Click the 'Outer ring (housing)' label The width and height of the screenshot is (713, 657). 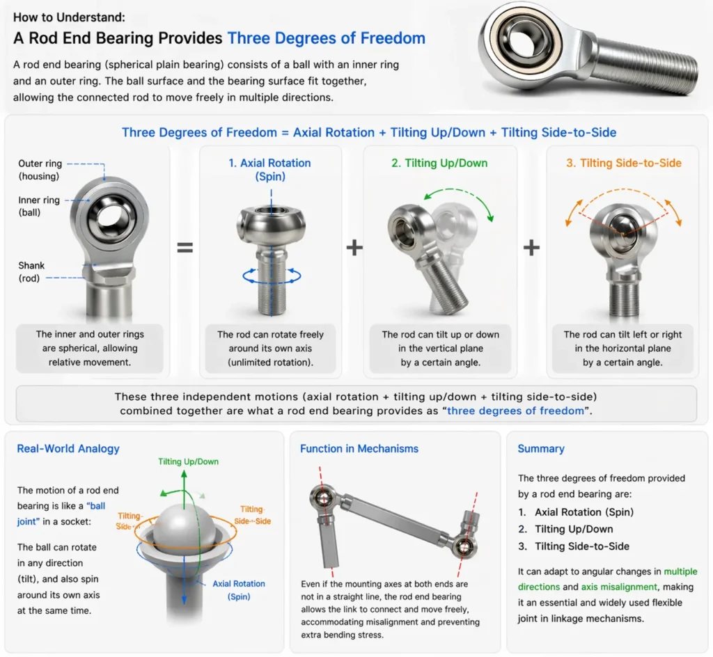pos(40,170)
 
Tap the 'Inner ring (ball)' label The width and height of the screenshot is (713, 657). pos(39,206)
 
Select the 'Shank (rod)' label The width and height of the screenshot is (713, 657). pos(32,271)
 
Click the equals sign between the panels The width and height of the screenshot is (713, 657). pos(185,246)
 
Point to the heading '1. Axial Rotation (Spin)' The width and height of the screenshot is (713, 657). pos(269,169)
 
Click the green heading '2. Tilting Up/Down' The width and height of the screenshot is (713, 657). pos(439,163)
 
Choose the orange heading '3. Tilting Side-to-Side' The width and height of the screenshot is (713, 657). pos(623,163)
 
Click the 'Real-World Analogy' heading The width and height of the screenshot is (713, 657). pos(68,448)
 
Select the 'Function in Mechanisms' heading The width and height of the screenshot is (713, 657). pos(359,448)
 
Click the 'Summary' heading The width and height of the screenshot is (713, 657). pos(541,448)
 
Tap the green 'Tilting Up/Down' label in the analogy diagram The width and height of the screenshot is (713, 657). pos(188,461)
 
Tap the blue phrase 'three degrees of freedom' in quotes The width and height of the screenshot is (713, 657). pos(516,411)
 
